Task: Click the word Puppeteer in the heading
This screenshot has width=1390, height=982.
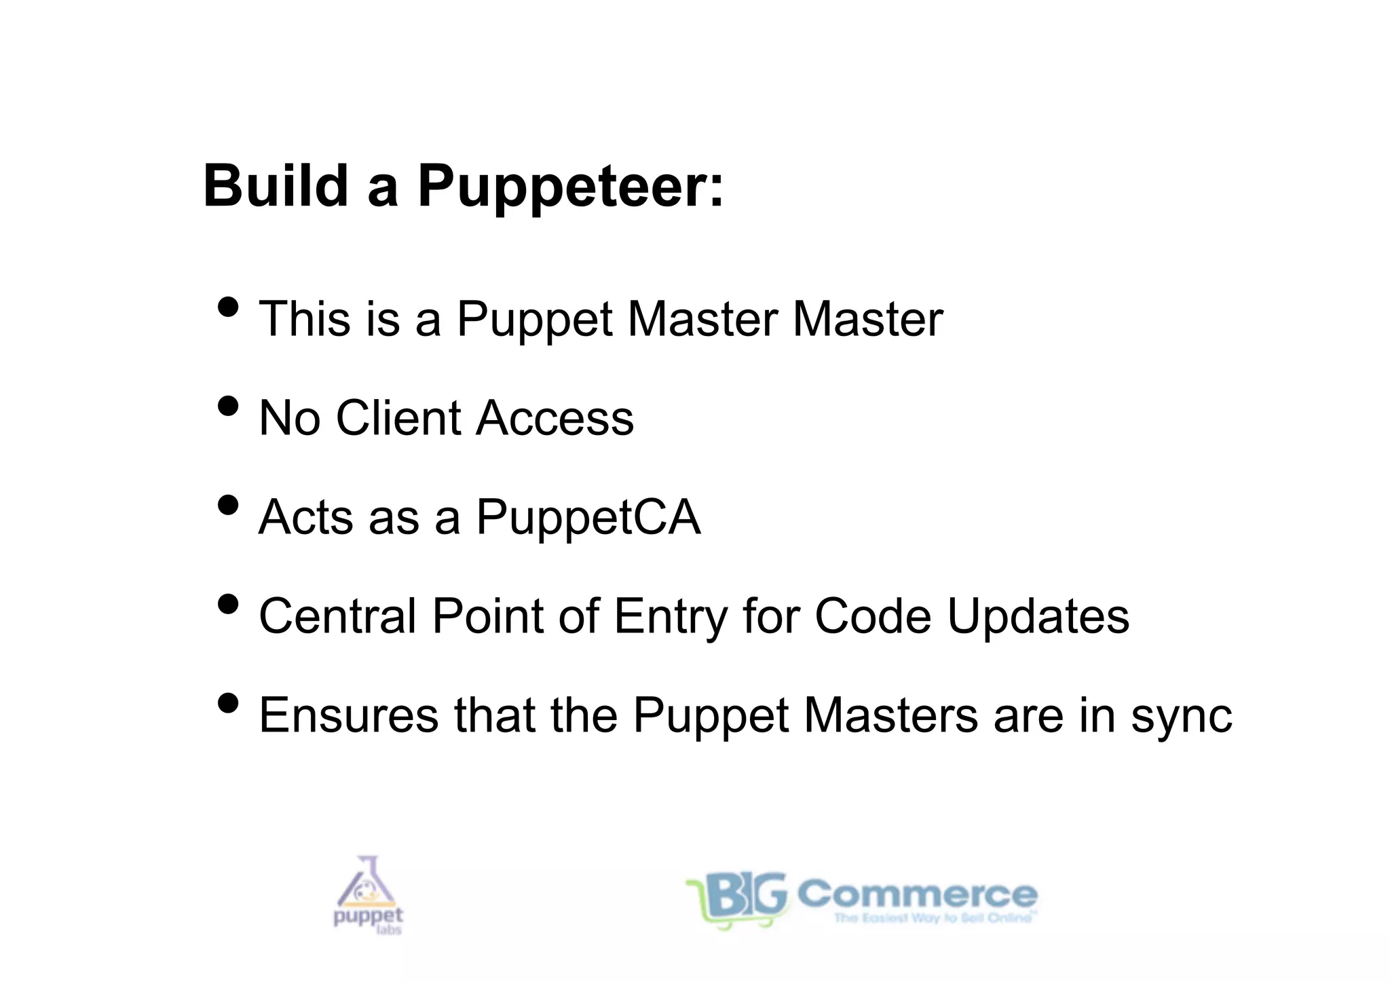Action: tap(570, 187)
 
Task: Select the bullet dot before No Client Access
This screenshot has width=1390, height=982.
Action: tap(229, 407)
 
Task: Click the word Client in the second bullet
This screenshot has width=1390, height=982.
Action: tap(398, 418)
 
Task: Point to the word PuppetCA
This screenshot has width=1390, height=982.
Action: tap(588, 518)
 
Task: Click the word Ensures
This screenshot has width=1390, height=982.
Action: tap(349, 715)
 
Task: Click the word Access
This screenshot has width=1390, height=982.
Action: tap(555, 418)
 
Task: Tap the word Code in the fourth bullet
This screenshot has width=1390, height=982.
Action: tap(873, 616)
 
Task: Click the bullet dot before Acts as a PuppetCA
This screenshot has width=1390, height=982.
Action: tap(229, 506)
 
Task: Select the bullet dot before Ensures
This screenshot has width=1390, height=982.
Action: tap(229, 704)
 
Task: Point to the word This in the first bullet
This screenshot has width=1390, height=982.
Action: tap(305, 318)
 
